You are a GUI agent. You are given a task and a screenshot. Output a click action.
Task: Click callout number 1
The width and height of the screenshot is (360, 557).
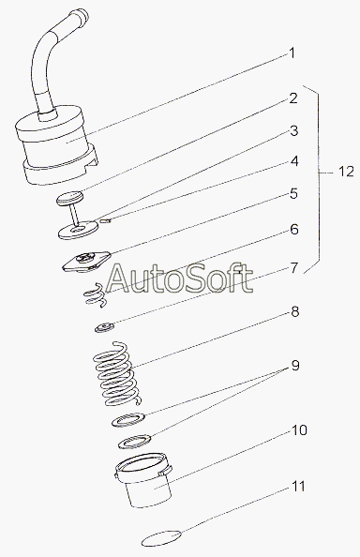[292, 53]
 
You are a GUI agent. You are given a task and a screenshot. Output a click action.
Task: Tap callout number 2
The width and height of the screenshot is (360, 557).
[292, 98]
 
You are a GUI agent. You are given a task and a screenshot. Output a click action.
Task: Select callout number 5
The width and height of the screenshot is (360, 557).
[293, 194]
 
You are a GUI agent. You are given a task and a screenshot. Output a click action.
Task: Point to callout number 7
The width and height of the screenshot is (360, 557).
[294, 268]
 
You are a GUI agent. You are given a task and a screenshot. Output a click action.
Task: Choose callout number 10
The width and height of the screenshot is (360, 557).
[299, 430]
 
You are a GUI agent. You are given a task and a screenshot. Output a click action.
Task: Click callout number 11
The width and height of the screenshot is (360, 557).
[298, 486]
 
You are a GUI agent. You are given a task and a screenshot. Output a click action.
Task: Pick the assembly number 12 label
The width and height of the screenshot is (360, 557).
[346, 172]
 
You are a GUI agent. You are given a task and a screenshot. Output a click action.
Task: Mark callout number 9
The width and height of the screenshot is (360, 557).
[295, 365]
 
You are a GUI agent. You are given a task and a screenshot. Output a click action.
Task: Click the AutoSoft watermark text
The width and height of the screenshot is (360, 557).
[180, 278]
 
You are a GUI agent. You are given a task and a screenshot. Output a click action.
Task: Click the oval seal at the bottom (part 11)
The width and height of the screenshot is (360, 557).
[161, 538]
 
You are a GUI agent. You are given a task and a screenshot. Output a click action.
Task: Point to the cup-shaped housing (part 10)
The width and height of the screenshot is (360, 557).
[143, 480]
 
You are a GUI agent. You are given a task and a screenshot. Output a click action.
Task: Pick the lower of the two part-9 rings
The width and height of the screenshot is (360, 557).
[135, 442]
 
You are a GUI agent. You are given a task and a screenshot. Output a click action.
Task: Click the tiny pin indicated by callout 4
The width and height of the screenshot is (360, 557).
[106, 220]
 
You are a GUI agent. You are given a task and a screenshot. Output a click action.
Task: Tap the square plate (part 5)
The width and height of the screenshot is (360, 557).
[86, 261]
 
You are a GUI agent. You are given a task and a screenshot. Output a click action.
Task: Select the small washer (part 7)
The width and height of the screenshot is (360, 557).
[105, 327]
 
